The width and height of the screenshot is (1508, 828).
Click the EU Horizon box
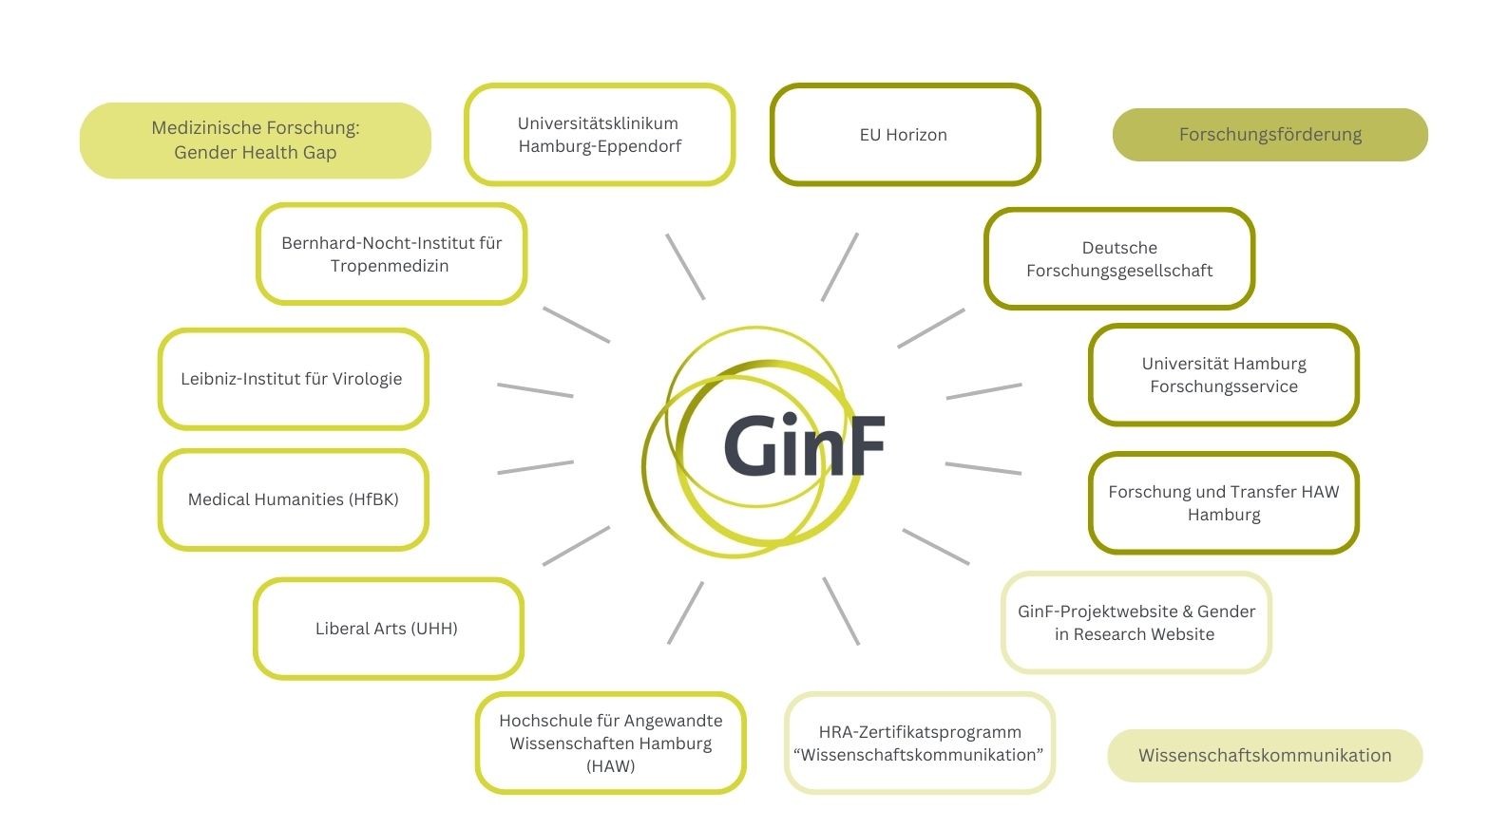click(905, 135)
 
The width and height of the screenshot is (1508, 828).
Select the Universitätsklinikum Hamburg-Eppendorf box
click(600, 135)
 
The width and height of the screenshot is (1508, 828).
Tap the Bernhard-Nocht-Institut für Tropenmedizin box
click(391, 254)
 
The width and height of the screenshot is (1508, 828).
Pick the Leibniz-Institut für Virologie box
click(293, 379)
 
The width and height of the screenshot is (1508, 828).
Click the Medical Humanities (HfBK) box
click(293, 499)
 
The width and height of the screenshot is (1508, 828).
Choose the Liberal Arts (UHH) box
click(388, 629)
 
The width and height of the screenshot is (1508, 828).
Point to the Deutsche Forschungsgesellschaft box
click(1119, 259)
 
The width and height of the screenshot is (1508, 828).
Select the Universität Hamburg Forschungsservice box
click(1224, 375)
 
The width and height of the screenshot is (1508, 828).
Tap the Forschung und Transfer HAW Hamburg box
click(1224, 503)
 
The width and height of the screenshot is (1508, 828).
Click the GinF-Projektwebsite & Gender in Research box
click(1136, 623)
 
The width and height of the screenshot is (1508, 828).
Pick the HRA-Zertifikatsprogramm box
click(919, 743)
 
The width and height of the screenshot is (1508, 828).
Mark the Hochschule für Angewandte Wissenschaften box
click(610, 743)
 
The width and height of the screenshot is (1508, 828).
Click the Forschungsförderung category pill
click(1270, 135)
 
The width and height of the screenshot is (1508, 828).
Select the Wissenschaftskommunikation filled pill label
click(1265, 756)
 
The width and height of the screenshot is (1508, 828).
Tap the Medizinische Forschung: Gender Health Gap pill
click(256, 141)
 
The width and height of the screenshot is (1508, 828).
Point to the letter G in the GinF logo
click(755, 446)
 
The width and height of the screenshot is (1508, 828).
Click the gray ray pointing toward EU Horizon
click(840, 267)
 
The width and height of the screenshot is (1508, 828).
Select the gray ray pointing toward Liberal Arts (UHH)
click(576, 546)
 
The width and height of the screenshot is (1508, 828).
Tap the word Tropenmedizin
click(390, 266)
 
